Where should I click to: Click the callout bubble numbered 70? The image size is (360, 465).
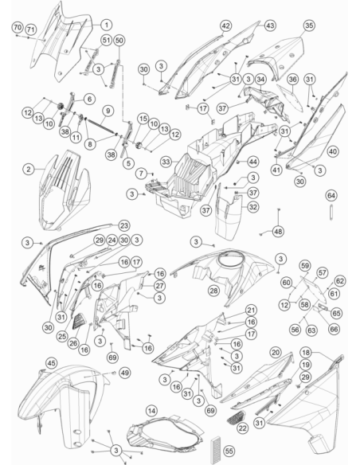[18, 28]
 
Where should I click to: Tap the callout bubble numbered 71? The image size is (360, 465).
[30, 29]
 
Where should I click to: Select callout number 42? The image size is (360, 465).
[226, 25]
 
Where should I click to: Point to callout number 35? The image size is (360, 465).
[309, 25]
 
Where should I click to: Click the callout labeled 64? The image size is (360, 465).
[331, 196]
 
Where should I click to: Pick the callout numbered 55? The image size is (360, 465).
[229, 451]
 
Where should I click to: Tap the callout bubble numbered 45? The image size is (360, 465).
[52, 363]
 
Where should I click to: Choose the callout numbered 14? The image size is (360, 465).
[151, 411]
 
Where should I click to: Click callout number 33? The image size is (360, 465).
[166, 162]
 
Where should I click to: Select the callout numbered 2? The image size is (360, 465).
[29, 169]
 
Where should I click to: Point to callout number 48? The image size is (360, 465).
[278, 231]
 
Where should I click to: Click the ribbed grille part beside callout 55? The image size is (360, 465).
[215, 450]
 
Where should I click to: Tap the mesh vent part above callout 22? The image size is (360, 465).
[237, 416]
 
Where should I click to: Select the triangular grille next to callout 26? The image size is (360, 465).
[79, 321]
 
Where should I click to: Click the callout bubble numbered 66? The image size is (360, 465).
[334, 329]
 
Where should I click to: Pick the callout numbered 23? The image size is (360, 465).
[124, 225]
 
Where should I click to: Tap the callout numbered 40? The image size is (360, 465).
[333, 151]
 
